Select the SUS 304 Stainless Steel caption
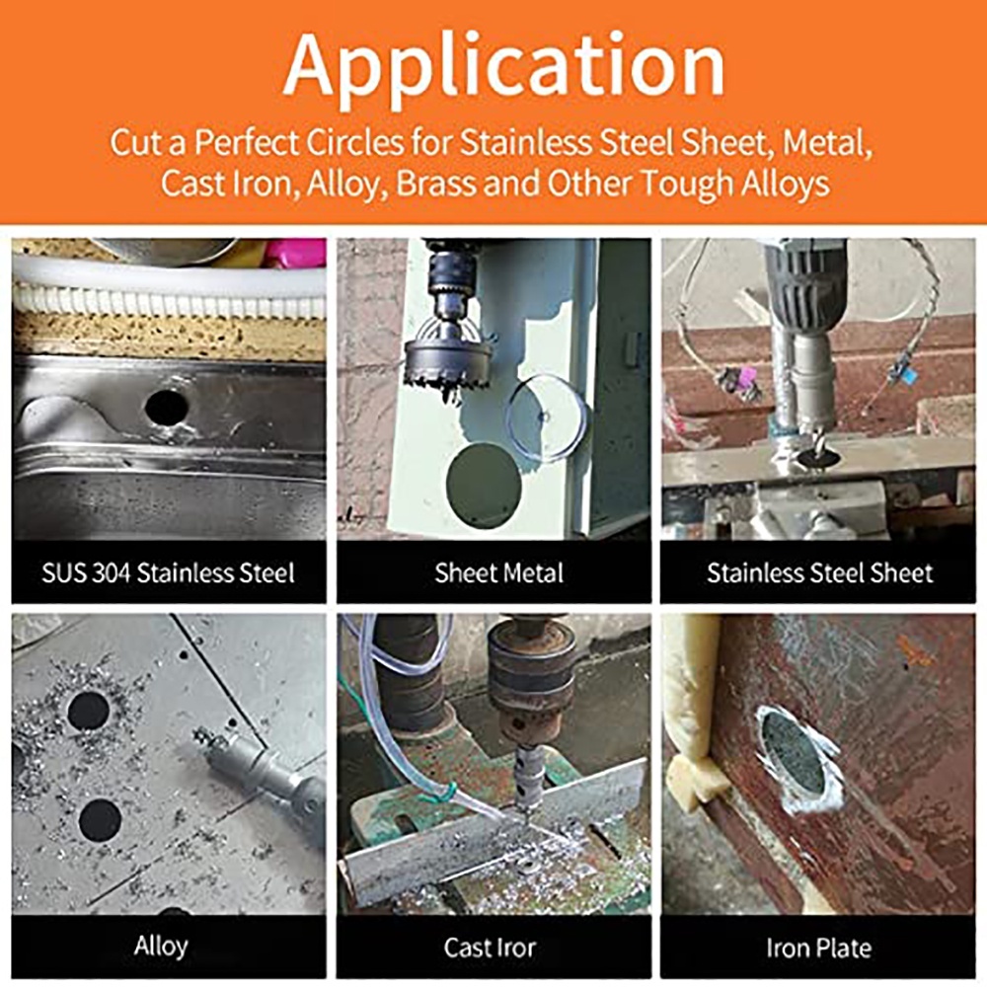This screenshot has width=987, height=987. click(168, 572)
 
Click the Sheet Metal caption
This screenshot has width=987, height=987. click(498, 572)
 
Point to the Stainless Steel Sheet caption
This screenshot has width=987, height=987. click(819, 572)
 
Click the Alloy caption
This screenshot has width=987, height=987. click(161, 947)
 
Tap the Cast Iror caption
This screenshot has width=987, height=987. click(490, 948)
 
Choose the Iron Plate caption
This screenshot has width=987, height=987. click(819, 948)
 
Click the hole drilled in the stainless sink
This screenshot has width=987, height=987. click(167, 408)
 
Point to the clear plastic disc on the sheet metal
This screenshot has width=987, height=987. click(547, 416)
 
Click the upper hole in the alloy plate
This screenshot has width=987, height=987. click(88, 711)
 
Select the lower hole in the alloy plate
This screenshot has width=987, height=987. click(101, 821)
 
